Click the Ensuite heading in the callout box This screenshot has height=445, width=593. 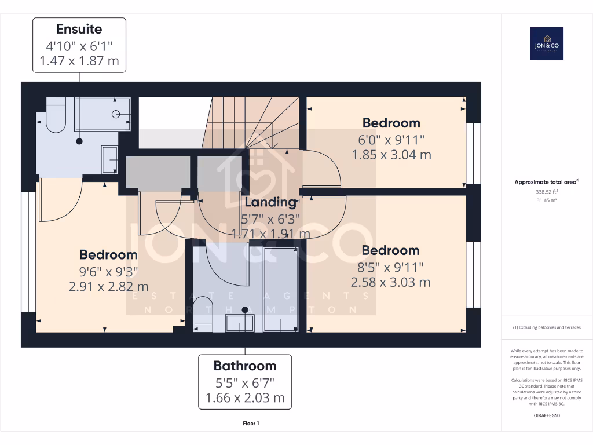click(79, 29)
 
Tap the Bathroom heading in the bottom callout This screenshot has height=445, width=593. click(245, 366)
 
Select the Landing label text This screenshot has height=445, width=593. click(270, 202)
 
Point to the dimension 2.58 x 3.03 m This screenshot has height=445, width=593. click(390, 282)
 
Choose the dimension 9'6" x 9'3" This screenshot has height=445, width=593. click(108, 271)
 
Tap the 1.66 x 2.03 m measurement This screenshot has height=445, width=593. click(245, 397)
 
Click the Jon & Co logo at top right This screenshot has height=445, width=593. click(547, 44)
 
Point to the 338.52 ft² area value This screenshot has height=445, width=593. click(547, 191)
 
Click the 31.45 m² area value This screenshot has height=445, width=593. click(547, 200)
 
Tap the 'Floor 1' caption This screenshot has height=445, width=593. click(251, 424)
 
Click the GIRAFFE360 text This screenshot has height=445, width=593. click(547, 415)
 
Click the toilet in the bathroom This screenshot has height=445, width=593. click(203, 315)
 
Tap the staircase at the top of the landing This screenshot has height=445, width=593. click(252, 122)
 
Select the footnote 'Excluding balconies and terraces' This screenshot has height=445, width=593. click(547, 327)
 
